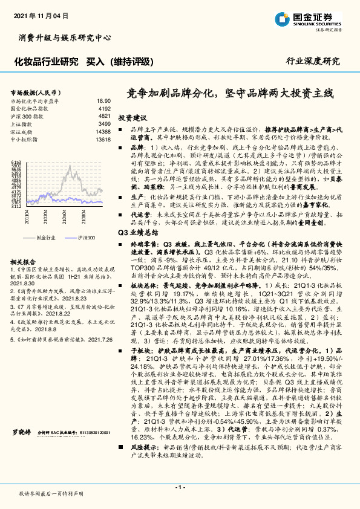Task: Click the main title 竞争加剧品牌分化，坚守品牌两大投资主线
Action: point(230,93)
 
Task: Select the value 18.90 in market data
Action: point(103,101)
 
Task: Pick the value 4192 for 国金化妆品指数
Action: point(104,108)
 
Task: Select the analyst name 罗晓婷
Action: point(22,450)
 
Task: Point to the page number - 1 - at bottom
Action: point(180,487)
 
